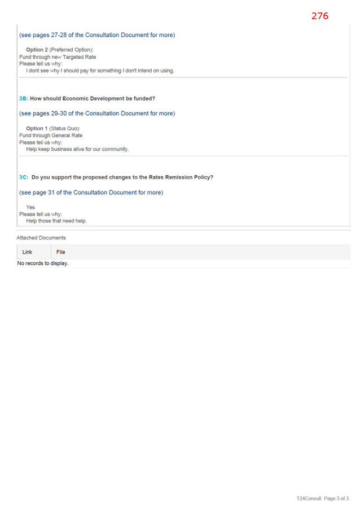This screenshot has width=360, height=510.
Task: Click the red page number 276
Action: click(x=320, y=16)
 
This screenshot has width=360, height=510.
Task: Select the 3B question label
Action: click(x=24, y=98)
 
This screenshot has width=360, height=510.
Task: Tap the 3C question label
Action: click(x=24, y=177)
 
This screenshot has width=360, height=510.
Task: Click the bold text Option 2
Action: click(x=37, y=50)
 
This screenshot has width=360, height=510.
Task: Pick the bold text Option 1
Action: click(x=37, y=128)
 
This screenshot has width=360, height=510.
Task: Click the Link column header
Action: click(x=27, y=252)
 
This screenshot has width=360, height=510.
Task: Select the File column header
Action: click(x=61, y=252)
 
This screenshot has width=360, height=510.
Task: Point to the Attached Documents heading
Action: click(x=41, y=238)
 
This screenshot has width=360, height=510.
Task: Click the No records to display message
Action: click(x=43, y=263)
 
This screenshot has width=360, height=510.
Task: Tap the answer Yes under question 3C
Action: click(x=30, y=207)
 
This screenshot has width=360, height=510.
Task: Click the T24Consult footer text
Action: click(x=309, y=498)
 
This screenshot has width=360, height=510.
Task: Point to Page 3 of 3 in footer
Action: click(x=336, y=498)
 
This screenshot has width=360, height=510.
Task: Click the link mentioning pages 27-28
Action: click(x=97, y=35)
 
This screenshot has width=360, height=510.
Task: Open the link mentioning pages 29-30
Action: click(x=97, y=113)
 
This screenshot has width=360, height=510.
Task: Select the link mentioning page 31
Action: click(x=91, y=192)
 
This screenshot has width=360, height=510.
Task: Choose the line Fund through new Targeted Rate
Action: click(x=58, y=57)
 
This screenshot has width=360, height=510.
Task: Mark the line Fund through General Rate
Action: click(x=51, y=136)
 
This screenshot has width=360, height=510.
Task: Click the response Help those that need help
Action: click(x=56, y=221)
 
